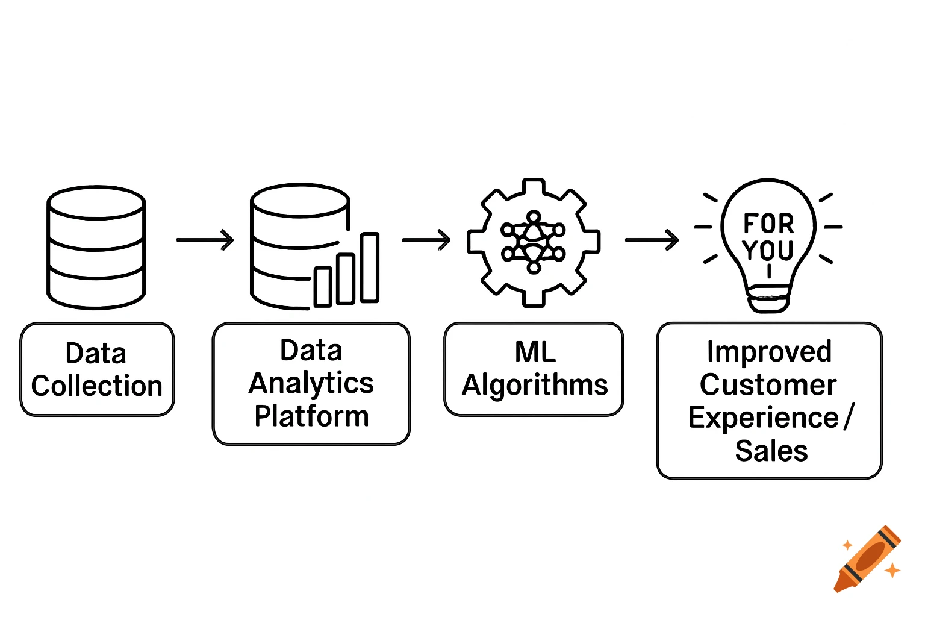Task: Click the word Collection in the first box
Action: pos(97,386)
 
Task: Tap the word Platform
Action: pos(311,416)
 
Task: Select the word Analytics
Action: pos(311,383)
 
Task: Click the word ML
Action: pos(535,352)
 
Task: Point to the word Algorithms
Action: pos(535,385)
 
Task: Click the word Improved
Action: pos(769,352)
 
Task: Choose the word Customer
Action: pos(768,385)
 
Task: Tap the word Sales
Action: pos(771,451)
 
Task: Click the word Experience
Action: pos(764,418)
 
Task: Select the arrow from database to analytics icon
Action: pos(205,240)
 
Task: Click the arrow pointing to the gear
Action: pos(426,240)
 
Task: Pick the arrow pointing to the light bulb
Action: pos(652,240)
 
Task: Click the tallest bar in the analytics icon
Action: pos(370,267)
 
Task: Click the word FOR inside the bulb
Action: pos(768,224)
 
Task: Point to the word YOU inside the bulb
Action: pos(768,250)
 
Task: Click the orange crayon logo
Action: pos(867,559)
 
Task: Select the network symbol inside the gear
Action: pos(534,242)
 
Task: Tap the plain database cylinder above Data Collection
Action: pos(96,248)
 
